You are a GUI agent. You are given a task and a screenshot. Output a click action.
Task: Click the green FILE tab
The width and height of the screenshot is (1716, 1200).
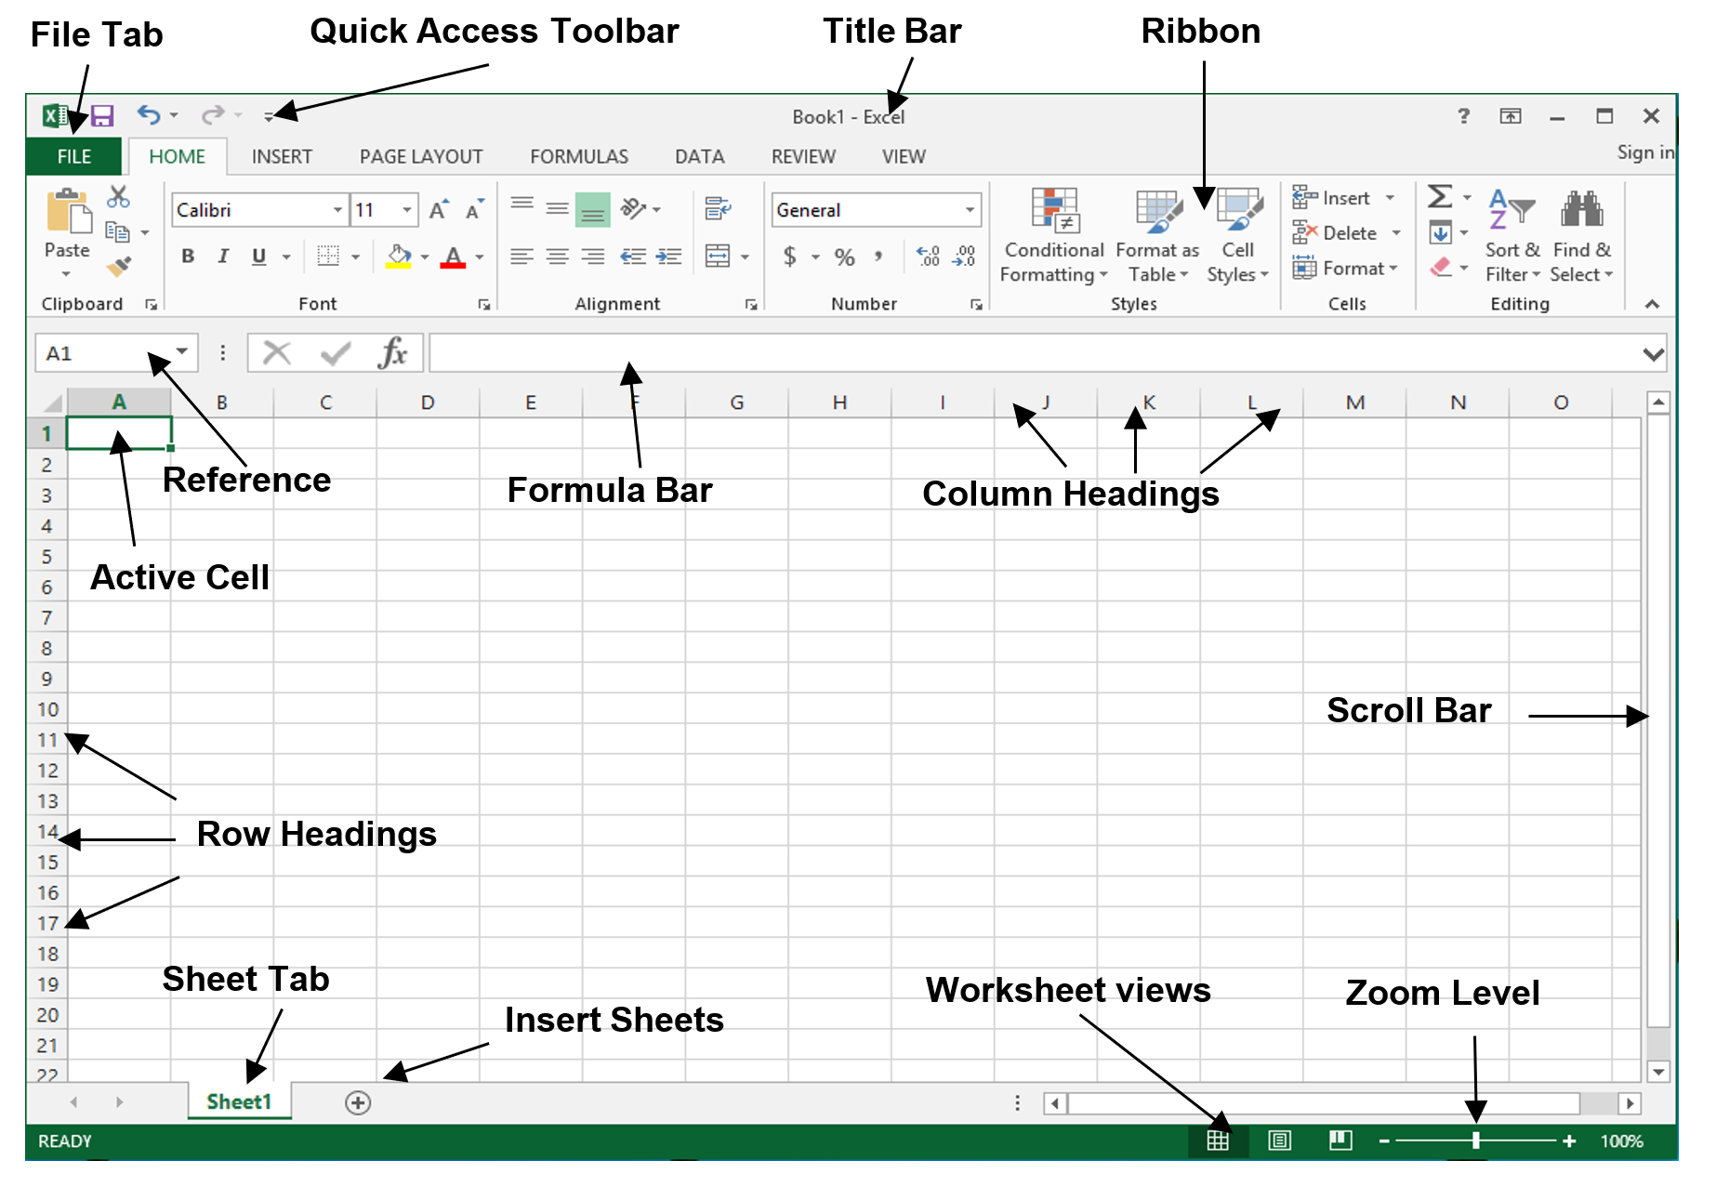tap(73, 156)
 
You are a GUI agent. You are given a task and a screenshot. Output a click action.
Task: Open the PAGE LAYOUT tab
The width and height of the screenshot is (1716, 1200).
tap(421, 156)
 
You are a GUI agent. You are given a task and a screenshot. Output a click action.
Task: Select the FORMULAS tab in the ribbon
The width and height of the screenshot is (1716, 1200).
tap(579, 156)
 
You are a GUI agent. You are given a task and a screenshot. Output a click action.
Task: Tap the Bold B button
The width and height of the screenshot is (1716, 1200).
tap(188, 256)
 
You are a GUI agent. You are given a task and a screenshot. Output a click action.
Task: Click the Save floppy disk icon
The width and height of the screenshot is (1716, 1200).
tap(101, 115)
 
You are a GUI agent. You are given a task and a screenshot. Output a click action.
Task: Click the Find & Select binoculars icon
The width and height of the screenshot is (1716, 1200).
tap(1581, 209)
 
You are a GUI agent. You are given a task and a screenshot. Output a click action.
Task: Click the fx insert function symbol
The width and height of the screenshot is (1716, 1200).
tap(393, 353)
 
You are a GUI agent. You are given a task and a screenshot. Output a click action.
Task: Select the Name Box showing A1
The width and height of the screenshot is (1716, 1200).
tap(116, 353)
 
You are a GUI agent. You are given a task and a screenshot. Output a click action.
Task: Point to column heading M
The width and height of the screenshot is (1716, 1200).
tap(1354, 402)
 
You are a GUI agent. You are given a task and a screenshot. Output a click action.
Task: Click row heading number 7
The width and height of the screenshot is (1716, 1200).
tap(46, 617)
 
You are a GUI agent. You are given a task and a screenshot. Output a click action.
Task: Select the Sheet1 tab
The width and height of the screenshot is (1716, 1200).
tap(239, 1101)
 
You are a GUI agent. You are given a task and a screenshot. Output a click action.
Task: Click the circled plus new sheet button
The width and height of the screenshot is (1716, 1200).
tap(358, 1102)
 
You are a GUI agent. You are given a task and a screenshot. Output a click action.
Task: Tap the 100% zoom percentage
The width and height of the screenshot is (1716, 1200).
tap(1621, 1141)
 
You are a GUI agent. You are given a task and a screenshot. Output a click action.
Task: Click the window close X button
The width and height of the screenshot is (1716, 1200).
tap(1651, 115)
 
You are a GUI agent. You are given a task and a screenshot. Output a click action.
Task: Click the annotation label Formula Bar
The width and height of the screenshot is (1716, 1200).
tap(610, 490)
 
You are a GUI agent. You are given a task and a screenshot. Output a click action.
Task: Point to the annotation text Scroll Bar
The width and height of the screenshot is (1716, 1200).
tap(1408, 710)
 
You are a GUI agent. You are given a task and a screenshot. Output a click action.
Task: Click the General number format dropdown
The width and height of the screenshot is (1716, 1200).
tap(876, 210)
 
